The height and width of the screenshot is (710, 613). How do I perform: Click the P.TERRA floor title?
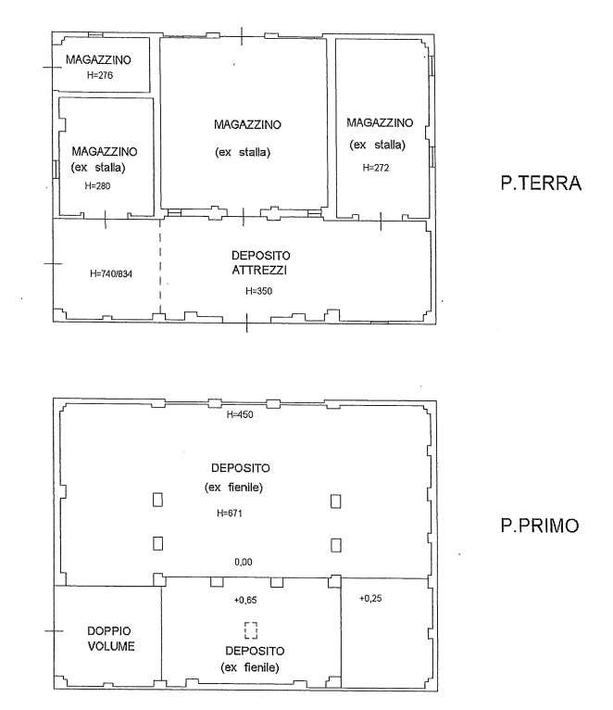[541, 183]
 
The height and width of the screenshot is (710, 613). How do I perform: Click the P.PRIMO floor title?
[540, 526]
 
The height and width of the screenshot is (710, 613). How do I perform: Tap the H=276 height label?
[100, 75]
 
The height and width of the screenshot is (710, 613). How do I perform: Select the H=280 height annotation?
[97, 185]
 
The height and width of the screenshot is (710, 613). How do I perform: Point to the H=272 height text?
[376, 168]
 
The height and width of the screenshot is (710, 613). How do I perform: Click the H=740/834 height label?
[111, 273]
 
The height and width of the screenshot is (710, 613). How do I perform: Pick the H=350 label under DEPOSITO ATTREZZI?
[258, 291]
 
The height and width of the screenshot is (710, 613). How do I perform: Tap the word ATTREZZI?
[259, 271]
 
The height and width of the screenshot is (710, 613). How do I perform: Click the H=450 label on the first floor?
[240, 414]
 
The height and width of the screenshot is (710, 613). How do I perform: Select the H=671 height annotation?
[230, 513]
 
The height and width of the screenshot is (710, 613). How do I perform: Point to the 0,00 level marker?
[244, 562]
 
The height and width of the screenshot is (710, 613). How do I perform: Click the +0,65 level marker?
[245, 600]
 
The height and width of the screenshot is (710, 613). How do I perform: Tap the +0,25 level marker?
[370, 598]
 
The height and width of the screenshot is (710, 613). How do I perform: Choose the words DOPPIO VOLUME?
[110, 639]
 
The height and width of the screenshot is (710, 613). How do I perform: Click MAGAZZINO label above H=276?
[98, 59]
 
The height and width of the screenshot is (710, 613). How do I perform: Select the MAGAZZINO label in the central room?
[247, 124]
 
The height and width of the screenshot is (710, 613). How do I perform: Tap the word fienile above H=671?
[245, 488]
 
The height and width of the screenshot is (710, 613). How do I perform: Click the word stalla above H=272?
[390, 145]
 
